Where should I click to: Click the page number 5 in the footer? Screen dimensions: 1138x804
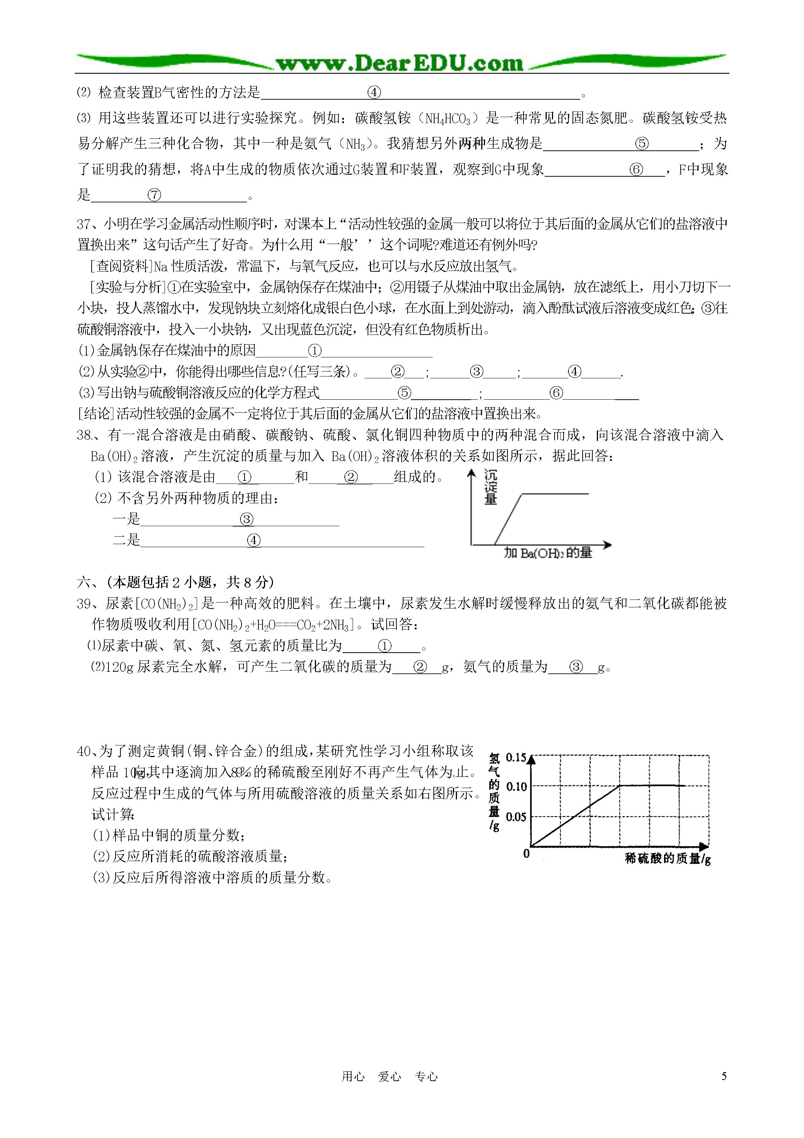(x=724, y=1076)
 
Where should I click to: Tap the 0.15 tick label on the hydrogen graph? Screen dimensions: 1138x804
(x=516, y=757)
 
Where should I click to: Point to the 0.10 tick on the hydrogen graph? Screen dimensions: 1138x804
(x=516, y=787)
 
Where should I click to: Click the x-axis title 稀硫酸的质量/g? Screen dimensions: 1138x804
(x=667, y=858)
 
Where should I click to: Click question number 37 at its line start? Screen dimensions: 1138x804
(x=84, y=225)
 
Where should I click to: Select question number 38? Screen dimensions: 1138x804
(x=84, y=435)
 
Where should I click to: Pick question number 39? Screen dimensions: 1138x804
(x=84, y=604)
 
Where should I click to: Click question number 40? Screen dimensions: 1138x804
(x=84, y=751)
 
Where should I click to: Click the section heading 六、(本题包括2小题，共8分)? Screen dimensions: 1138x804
(x=175, y=582)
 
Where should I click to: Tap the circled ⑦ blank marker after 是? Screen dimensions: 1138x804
(x=154, y=195)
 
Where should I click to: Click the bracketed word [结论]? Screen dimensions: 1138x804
(x=96, y=414)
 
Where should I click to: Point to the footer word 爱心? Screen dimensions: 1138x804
(x=389, y=1077)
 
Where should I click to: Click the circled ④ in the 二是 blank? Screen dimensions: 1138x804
(x=254, y=540)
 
